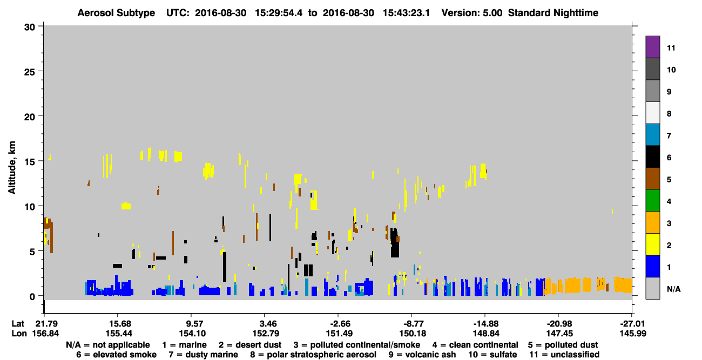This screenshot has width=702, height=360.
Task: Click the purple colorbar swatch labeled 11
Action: pos(652,46)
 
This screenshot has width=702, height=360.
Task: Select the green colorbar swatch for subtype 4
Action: pos(652,201)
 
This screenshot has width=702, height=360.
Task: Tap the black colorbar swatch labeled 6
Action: pos(652,157)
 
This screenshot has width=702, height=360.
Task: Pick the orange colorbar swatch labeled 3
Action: pos(652,222)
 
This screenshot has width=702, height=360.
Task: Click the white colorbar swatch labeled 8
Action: pos(652,113)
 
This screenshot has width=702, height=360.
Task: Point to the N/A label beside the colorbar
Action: pos(673,289)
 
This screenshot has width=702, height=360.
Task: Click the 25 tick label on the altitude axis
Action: pos(30,72)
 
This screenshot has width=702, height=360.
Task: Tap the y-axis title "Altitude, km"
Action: pos(11,167)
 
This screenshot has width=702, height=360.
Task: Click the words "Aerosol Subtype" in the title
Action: pos(116,13)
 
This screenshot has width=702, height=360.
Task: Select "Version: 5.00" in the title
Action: pos(471,13)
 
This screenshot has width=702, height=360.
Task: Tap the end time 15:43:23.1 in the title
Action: pos(406,13)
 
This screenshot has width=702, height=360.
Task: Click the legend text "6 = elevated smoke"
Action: pos(116,355)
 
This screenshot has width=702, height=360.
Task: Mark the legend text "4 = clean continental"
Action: pos(475,345)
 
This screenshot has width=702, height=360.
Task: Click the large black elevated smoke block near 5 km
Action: pos(395,243)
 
